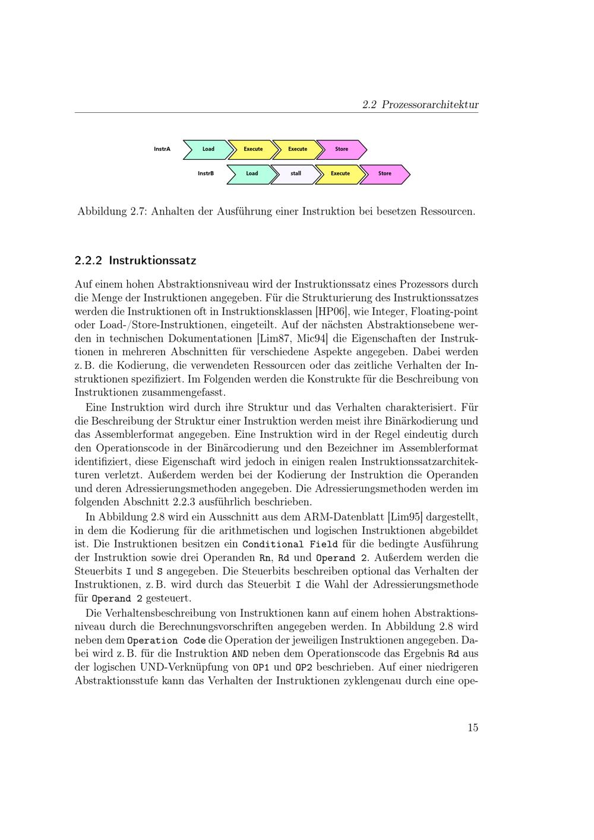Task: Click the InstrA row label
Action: (162, 149)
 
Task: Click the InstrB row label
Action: (206, 173)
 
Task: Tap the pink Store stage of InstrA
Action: (342, 149)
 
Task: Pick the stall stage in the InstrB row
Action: (296, 173)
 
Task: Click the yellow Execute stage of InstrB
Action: (340, 173)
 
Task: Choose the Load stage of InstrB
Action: (252, 173)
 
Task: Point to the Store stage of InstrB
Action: (385, 173)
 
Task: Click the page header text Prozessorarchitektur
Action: (429, 105)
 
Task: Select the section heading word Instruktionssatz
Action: (152, 260)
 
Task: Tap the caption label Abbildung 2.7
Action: (112, 211)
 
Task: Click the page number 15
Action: (472, 728)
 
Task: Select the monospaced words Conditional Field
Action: (290, 544)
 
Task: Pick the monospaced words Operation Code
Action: (161, 640)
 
